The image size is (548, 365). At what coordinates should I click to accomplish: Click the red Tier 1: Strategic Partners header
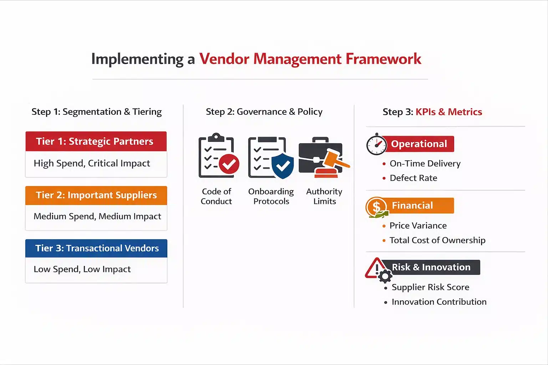[x=96, y=142]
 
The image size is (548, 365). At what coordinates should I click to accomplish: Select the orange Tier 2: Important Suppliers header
[x=96, y=195]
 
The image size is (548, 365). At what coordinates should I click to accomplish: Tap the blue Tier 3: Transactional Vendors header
[x=96, y=248]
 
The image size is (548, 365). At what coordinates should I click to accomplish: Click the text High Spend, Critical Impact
[x=92, y=163]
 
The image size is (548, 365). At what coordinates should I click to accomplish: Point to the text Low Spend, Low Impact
[x=82, y=269]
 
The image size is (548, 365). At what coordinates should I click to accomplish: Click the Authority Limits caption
[x=324, y=196]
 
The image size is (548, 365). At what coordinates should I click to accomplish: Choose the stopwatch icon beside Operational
[x=376, y=144]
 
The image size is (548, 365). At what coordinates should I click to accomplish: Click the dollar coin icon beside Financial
[x=376, y=207]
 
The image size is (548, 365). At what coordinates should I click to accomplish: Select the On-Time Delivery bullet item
[x=425, y=164]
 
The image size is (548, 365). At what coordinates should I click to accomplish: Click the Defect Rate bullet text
[x=413, y=178]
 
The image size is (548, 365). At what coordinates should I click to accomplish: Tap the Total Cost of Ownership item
[x=437, y=240]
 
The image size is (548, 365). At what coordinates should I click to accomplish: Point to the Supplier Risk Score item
[x=430, y=287]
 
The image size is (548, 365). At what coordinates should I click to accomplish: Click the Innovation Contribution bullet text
[x=439, y=302]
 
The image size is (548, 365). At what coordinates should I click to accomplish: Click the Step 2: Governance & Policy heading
[x=264, y=112]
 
